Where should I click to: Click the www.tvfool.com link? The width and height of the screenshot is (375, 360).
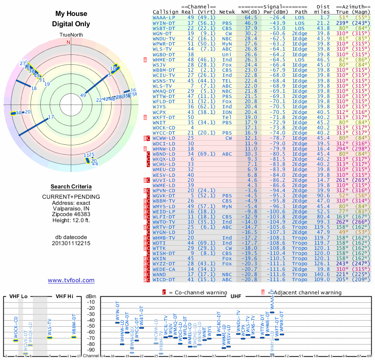(x=71, y=280)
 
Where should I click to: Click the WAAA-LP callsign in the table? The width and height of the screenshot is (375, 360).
(x=165, y=17)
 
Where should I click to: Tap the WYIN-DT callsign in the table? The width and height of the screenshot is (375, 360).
(x=165, y=23)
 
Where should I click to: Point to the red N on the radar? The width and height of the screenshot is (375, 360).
(x=69, y=42)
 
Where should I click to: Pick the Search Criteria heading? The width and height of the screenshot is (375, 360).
(x=71, y=187)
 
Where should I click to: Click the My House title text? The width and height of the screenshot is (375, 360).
(x=71, y=14)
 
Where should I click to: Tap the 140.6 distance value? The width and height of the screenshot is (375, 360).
(x=322, y=274)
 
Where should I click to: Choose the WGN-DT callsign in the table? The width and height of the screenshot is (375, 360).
(x=162, y=34)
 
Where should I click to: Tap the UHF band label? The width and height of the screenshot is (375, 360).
(x=236, y=296)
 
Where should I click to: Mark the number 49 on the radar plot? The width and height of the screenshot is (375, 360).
(x=83, y=96)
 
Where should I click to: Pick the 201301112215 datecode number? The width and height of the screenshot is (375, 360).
(x=71, y=243)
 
